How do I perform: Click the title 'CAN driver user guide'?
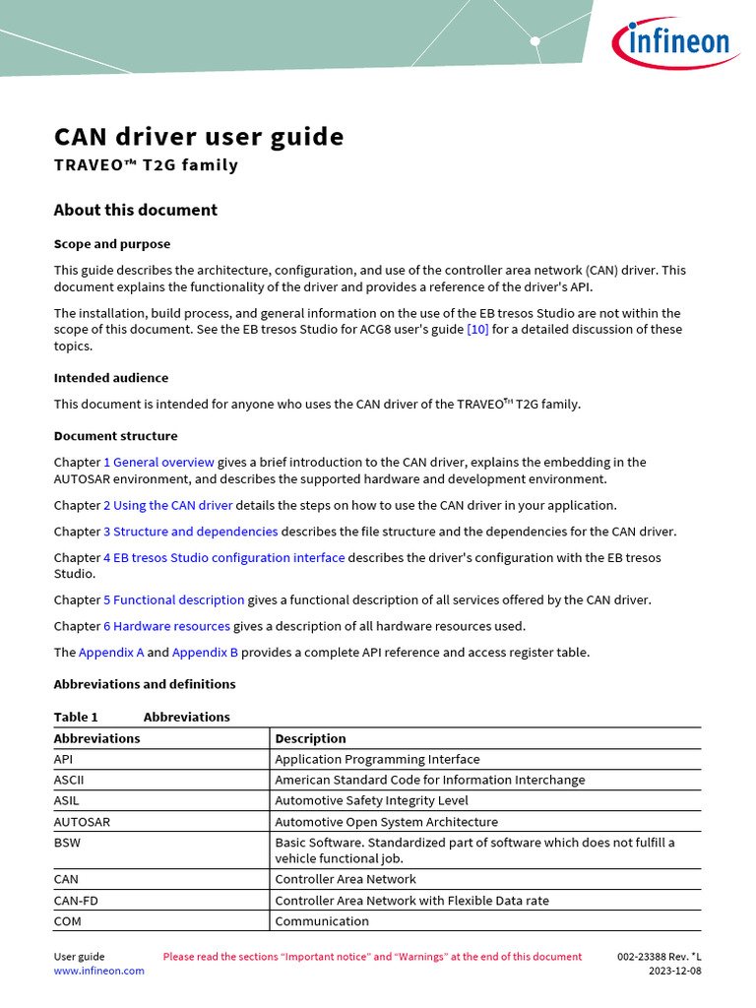click(x=199, y=136)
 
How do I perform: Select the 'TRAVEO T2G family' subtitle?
click(x=146, y=165)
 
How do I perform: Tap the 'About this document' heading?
click(x=135, y=210)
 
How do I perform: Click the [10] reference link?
click(x=477, y=329)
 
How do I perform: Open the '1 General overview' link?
click(x=158, y=462)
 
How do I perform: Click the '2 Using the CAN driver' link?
click(x=167, y=505)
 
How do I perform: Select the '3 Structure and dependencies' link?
click(x=190, y=532)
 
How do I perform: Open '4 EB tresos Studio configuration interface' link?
click(x=223, y=557)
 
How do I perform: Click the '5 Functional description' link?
click(x=173, y=599)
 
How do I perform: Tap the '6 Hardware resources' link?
click(x=166, y=626)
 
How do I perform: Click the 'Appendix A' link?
click(x=111, y=653)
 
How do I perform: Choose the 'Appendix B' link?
click(x=205, y=653)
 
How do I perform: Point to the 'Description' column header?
click(x=310, y=738)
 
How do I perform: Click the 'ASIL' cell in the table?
click(x=67, y=800)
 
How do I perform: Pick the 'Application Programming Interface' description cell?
click(x=377, y=759)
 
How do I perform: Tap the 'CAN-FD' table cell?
click(x=74, y=901)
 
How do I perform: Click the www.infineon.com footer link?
click(x=98, y=971)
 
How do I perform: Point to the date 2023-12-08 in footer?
click(x=674, y=971)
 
